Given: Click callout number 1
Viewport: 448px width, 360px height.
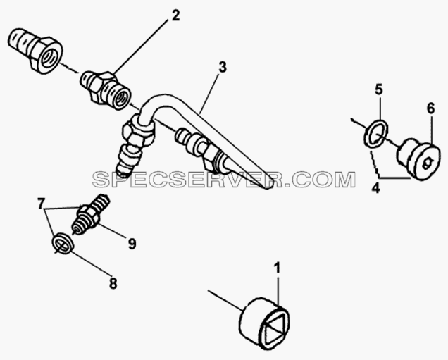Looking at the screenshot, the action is click(277, 268).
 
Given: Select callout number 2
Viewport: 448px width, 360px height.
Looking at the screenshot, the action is click(175, 15).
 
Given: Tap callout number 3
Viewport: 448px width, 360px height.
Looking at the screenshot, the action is click(223, 67).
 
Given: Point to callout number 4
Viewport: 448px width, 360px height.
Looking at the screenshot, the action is click(376, 188).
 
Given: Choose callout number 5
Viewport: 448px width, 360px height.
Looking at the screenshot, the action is click(378, 89).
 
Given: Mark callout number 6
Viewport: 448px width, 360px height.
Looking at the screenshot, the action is click(431, 108).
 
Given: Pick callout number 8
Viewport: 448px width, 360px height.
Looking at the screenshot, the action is click(113, 284).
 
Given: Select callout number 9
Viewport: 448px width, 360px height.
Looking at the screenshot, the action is click(132, 244).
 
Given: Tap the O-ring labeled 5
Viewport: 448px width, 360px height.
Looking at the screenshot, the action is click(376, 134).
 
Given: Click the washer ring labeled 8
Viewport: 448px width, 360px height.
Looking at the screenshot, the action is click(63, 243).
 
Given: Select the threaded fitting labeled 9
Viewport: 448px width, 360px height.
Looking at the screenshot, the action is click(89, 213).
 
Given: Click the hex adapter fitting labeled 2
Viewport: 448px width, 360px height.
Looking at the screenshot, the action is click(105, 89).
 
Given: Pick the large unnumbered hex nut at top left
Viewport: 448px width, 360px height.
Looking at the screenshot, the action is click(35, 51).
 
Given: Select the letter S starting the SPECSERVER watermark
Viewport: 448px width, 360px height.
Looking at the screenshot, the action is click(99, 180).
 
